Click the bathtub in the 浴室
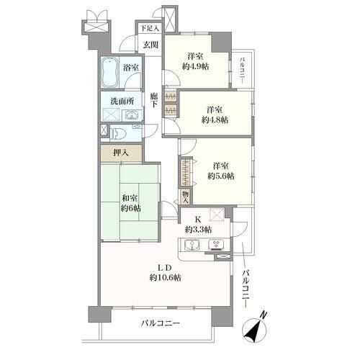coord(109,73)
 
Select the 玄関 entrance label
coord(150,45)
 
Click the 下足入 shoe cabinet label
coord(150,29)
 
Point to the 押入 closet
coord(121,153)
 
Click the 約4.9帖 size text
coord(195,66)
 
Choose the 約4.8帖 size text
coord(215,120)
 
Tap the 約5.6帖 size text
coord(221,176)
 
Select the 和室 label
coord(130,198)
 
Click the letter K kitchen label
coord(198,220)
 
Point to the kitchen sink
coord(192,246)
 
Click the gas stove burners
coord(216,245)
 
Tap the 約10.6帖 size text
coord(165,278)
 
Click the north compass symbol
coord(255,329)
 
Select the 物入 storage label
coord(185,197)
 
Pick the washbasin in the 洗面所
coord(131,116)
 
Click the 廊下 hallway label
coord(155,100)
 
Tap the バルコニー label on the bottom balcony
coord(160,323)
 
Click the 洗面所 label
coord(122,101)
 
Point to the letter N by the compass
coord(264,315)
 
